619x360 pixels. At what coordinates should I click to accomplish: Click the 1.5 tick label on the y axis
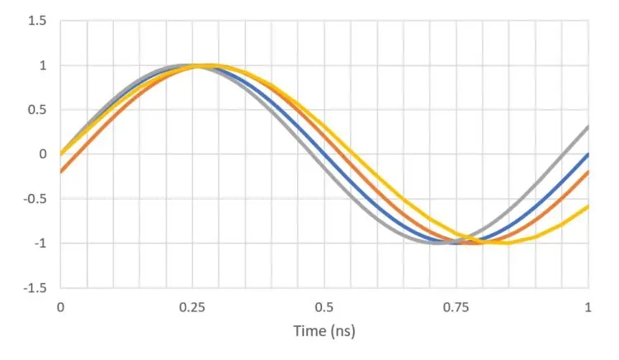(x=38, y=21)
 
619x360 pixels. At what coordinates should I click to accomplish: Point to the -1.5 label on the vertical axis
(x=35, y=287)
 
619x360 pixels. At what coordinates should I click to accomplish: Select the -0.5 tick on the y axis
(x=35, y=198)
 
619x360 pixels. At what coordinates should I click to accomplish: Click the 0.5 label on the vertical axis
(x=38, y=110)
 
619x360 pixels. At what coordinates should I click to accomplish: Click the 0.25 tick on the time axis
(x=192, y=307)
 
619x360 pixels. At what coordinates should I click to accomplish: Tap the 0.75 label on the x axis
(x=456, y=307)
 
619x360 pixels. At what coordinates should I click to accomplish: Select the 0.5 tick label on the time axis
(x=324, y=307)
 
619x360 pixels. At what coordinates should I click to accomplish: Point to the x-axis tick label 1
(x=588, y=307)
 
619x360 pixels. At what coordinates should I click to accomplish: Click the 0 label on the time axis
(x=60, y=307)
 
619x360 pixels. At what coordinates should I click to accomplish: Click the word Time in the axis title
(x=309, y=331)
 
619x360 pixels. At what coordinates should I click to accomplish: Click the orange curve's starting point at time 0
(x=60, y=172)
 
